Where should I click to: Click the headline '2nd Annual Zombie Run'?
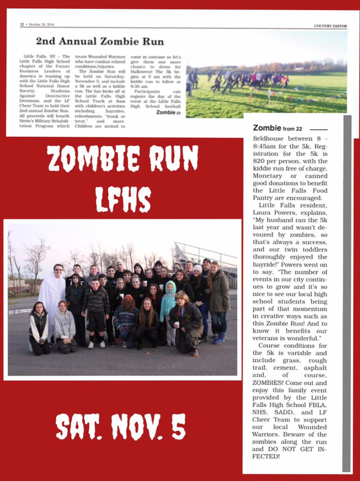tap(99, 41)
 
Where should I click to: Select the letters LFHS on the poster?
tap(123, 199)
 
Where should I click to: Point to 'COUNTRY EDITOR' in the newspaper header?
tap(330, 26)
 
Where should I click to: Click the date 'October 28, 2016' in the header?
tap(42, 24)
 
